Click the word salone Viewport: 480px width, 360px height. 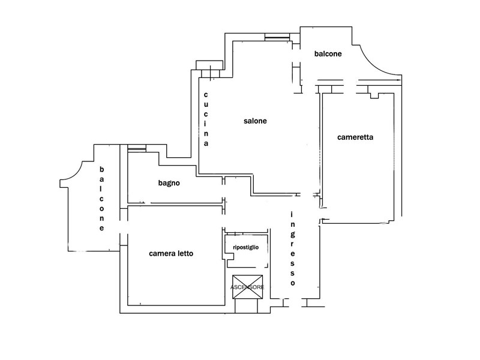point(255,121)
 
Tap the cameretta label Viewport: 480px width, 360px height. point(355,137)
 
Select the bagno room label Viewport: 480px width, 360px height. point(169,183)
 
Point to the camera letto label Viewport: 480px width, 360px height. point(171,253)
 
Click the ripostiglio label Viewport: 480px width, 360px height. point(246,247)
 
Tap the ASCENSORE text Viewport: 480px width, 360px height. point(247,287)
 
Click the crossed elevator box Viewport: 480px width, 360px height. point(248,287)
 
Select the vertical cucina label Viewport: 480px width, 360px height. point(206,119)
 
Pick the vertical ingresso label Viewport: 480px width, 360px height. point(293,249)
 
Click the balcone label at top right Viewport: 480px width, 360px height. point(328,53)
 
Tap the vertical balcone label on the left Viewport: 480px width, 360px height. point(101,199)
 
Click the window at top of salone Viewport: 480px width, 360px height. point(277,37)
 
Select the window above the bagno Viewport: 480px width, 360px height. point(137,148)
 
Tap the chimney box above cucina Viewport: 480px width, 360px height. point(209,65)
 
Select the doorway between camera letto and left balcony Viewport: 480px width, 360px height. point(124,227)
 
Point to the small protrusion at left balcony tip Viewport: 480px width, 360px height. point(64,184)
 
